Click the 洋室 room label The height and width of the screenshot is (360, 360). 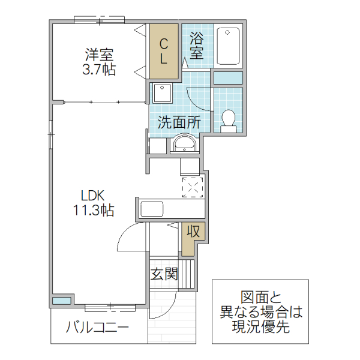[x=99, y=55]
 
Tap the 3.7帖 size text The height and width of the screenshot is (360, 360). [x=99, y=70]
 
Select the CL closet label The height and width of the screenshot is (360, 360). [x=163, y=51]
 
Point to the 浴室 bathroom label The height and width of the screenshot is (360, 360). [x=196, y=45]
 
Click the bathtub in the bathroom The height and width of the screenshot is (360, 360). [x=228, y=46]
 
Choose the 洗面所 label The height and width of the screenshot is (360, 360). [x=179, y=122]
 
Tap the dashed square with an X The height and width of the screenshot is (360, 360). [x=193, y=187]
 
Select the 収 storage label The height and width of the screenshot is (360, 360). [x=193, y=231]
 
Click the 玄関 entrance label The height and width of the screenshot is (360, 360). [x=164, y=275]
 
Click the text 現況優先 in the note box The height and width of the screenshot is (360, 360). [x=260, y=328]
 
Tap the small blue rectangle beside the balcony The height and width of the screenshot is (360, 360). [x=61, y=300]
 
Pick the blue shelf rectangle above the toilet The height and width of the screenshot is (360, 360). [x=228, y=77]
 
